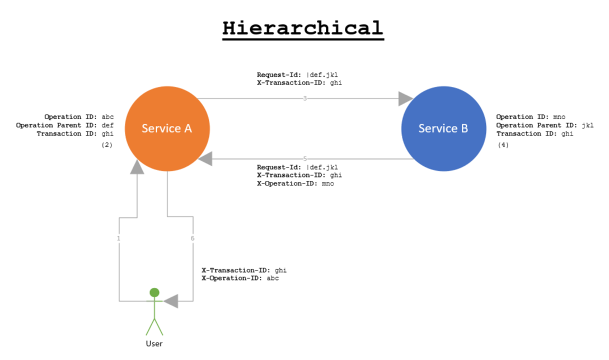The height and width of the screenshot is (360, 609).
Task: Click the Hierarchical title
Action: (303, 27)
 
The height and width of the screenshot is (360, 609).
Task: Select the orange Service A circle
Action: (167, 128)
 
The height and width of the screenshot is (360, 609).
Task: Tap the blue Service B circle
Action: (443, 128)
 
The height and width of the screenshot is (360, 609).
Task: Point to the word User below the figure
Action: (154, 343)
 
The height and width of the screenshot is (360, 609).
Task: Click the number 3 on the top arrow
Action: (305, 99)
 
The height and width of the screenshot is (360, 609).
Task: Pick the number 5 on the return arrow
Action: (305, 159)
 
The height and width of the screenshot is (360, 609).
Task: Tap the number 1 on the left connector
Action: (119, 239)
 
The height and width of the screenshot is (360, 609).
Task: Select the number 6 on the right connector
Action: (193, 239)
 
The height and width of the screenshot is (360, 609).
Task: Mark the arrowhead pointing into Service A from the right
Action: (206, 159)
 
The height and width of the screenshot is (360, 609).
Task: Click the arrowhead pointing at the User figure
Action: (171, 301)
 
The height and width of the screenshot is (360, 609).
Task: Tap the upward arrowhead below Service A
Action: (137, 166)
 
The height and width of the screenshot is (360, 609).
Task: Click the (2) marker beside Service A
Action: (107, 145)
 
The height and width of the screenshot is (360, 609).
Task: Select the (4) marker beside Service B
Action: (503, 145)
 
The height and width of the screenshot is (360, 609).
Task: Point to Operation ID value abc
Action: (107, 117)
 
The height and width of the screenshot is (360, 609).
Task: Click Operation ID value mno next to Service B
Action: (559, 117)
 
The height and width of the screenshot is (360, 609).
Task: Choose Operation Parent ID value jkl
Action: (587, 125)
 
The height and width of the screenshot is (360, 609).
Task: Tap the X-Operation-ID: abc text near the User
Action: (240, 278)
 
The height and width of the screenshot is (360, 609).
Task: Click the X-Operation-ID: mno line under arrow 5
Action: (295, 184)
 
